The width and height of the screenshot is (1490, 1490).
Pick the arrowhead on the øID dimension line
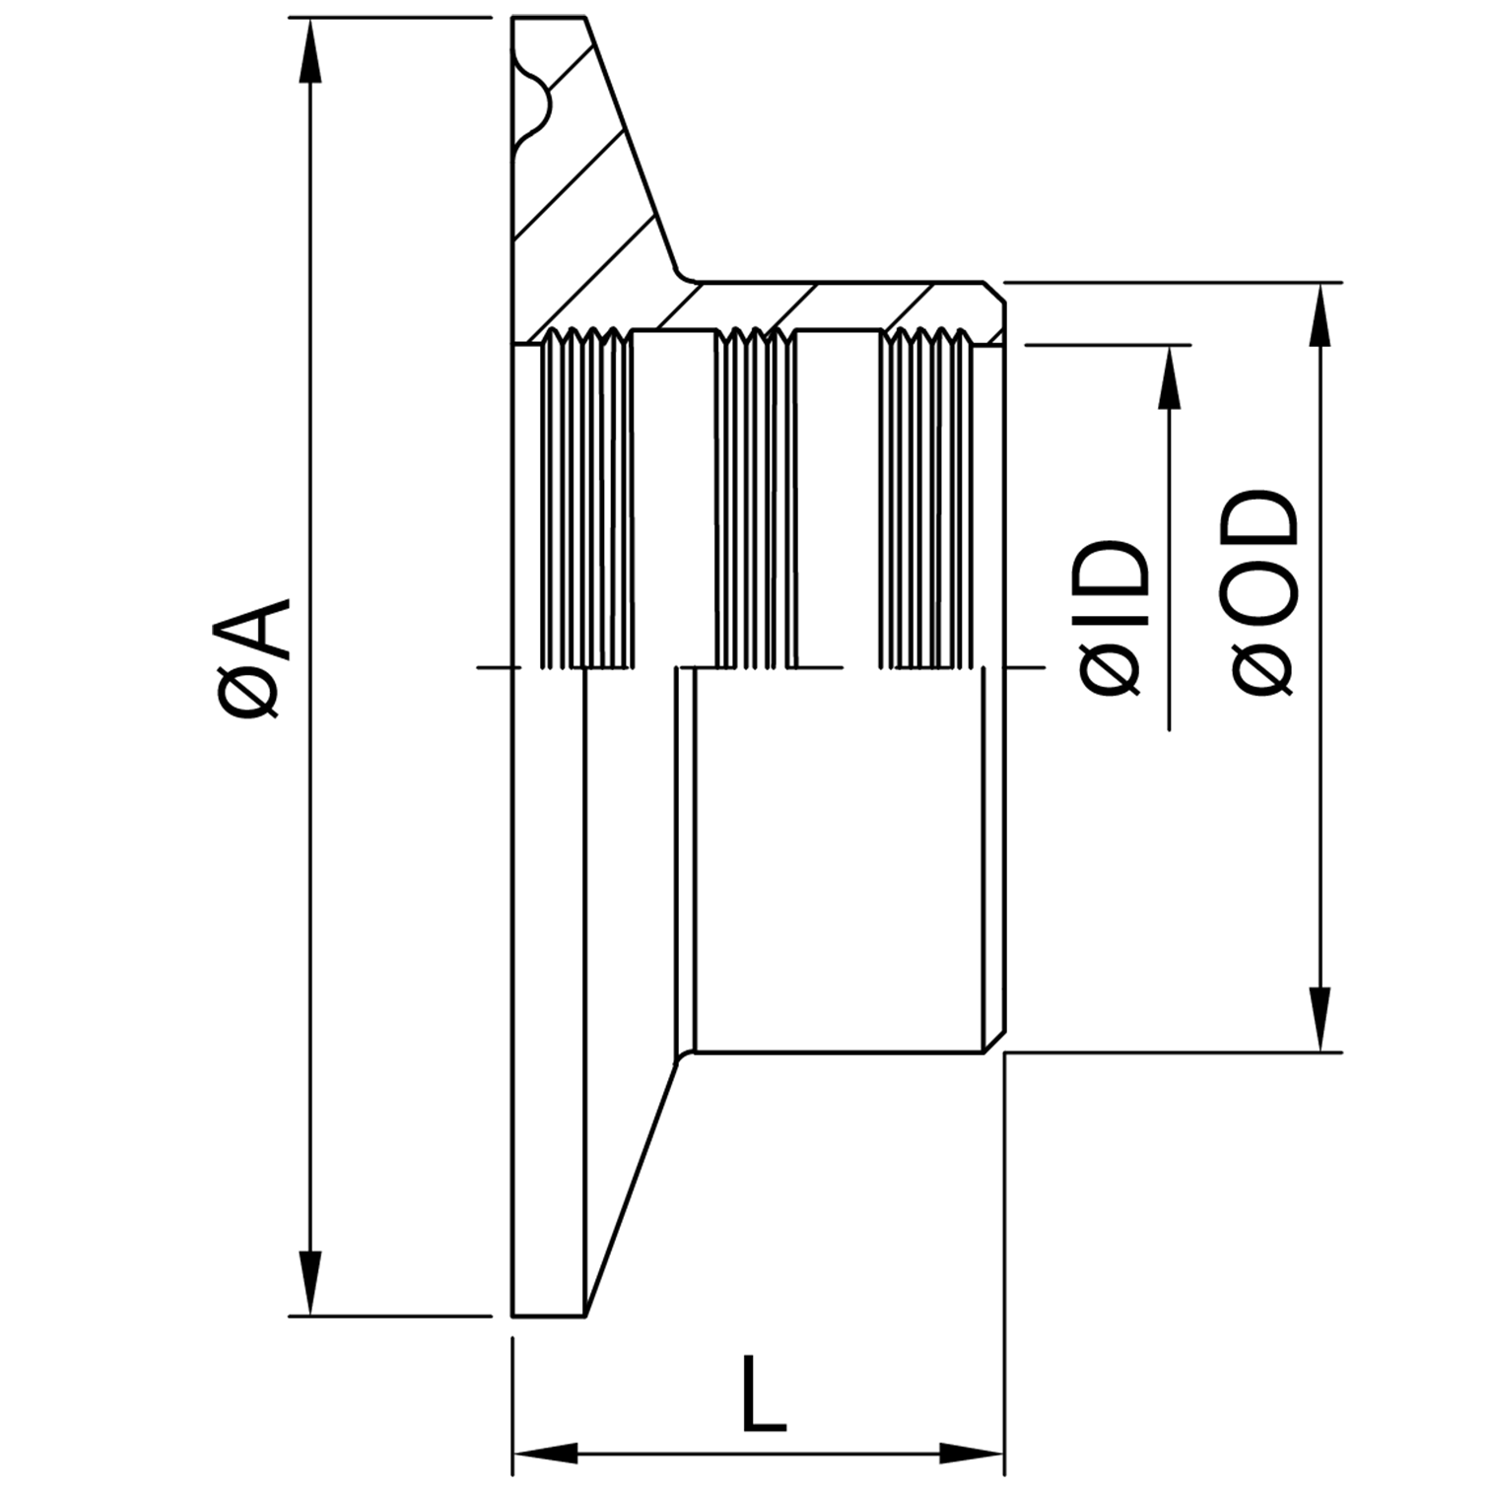point(1169,378)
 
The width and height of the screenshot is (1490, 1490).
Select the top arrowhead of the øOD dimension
point(1320,315)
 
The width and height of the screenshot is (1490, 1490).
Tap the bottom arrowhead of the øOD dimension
point(1320,1019)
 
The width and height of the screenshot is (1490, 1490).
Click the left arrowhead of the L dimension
point(546,1453)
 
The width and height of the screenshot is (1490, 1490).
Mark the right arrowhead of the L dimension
point(972,1453)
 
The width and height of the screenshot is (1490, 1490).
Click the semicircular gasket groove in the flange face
point(537,103)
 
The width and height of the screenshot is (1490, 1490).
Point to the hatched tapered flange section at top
point(591,197)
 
